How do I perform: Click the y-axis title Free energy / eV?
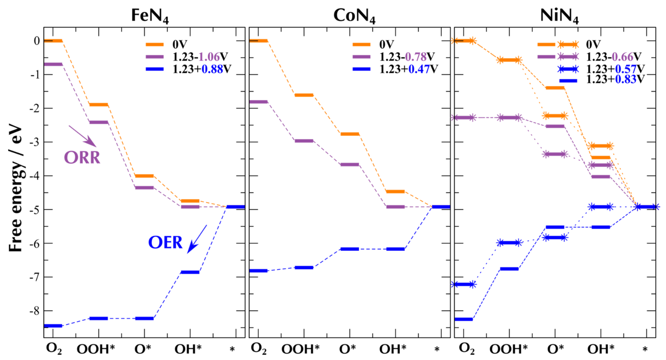click(x=16, y=188)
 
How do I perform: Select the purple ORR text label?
click(x=82, y=157)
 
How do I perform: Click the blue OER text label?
click(x=165, y=242)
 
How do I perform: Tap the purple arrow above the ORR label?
click(x=83, y=136)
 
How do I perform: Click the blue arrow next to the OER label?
click(x=197, y=238)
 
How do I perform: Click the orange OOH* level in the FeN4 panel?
click(x=99, y=104)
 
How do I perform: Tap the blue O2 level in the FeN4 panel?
click(x=53, y=326)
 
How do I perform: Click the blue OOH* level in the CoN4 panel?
click(x=304, y=268)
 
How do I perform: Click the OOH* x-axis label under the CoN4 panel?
click(x=300, y=349)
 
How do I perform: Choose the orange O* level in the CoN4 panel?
click(x=350, y=134)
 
